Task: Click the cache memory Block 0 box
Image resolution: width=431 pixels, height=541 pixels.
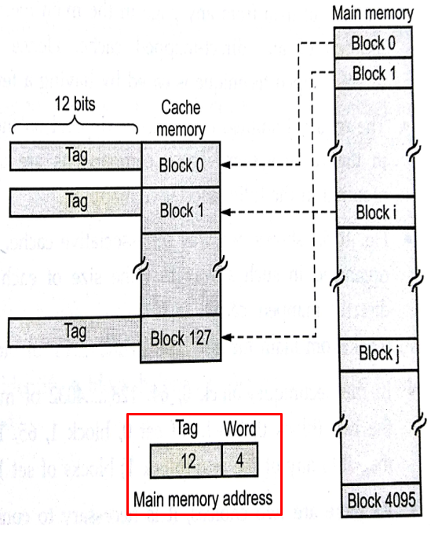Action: click(181, 166)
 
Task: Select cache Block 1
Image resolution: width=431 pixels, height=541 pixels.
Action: click(181, 210)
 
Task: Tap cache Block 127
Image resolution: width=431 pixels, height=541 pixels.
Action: click(181, 338)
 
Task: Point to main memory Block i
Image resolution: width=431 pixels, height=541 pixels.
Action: click(373, 212)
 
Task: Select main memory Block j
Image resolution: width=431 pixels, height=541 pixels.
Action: click(374, 353)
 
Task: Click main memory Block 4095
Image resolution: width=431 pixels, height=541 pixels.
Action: click(379, 499)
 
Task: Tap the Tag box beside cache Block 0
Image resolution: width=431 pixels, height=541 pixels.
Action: click(75, 156)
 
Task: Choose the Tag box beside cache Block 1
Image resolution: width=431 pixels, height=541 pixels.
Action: click(75, 202)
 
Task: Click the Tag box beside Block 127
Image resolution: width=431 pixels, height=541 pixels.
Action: click(75, 332)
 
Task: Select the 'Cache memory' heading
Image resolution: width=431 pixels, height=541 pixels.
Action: click(181, 118)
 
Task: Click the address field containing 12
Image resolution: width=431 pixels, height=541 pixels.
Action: click(187, 460)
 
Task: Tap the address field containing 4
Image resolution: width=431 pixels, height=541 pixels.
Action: click(238, 460)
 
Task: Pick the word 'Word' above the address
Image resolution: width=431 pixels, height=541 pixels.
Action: click(239, 429)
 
